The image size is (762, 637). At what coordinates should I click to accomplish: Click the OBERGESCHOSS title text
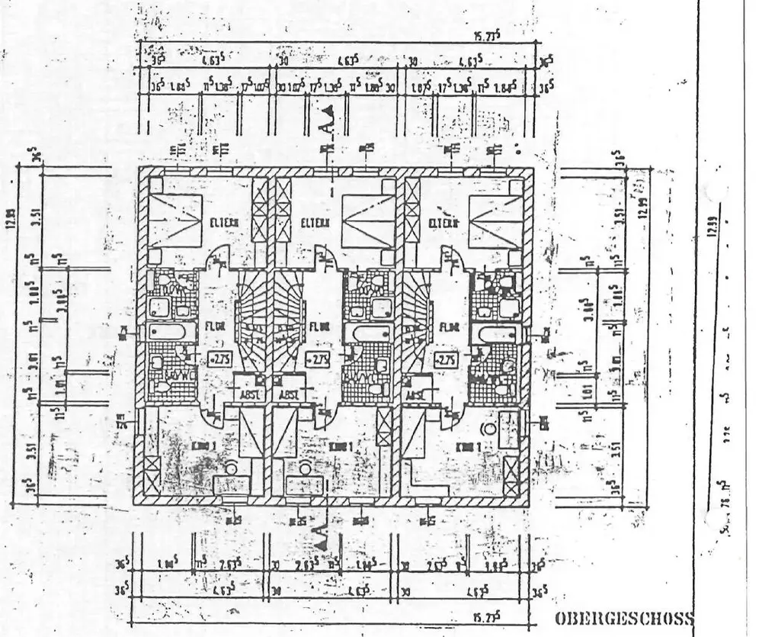tap(624, 618)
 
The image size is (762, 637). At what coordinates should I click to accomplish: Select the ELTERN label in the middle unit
tap(315, 224)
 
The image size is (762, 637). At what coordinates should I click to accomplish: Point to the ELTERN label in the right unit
tap(443, 223)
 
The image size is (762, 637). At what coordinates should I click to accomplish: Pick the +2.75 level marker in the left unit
tap(219, 359)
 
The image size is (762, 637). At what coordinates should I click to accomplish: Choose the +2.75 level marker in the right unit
tap(446, 359)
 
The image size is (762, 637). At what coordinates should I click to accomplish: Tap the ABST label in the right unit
tap(415, 394)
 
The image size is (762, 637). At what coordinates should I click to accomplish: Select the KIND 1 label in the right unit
tap(467, 446)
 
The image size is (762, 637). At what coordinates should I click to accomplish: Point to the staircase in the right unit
tap(418, 320)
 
